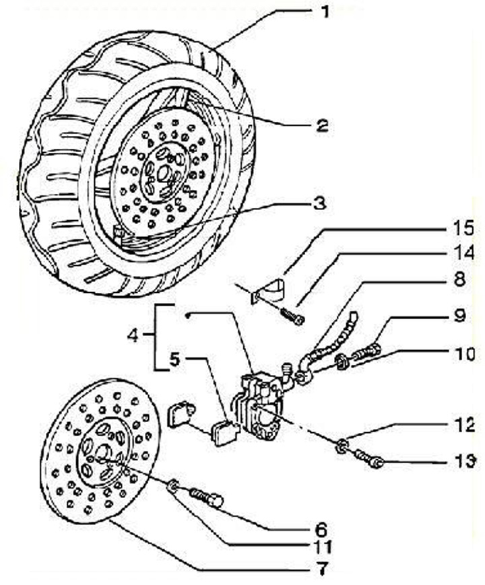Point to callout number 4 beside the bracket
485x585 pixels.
pos(134,335)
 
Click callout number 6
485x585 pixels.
pos(323,528)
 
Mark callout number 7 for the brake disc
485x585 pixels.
pos(323,570)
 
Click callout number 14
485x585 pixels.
pos(459,253)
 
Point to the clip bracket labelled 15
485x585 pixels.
pos(269,288)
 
